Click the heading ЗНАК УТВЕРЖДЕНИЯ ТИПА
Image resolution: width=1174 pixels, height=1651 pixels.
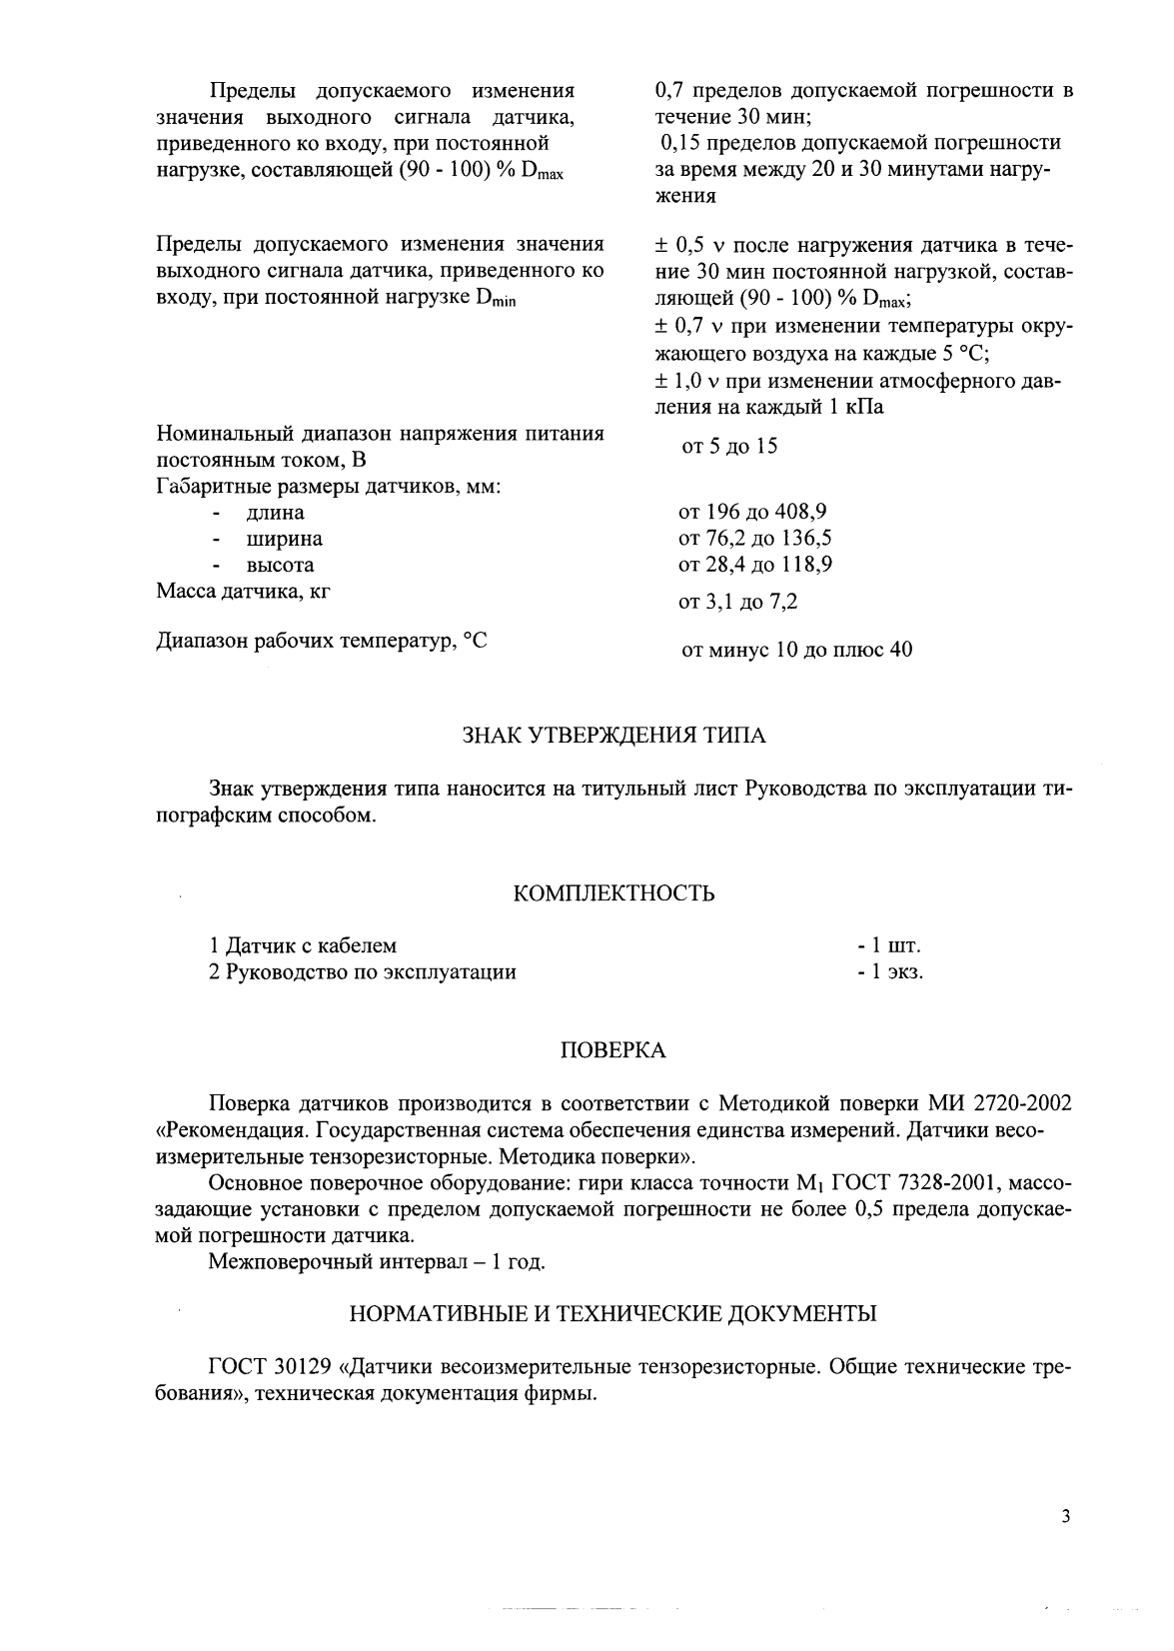pos(613,736)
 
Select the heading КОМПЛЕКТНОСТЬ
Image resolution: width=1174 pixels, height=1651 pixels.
pos(613,892)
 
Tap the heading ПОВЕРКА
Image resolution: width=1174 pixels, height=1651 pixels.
pos(611,1050)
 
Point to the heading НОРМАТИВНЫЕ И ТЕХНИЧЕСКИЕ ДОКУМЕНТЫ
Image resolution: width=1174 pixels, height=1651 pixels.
pos(613,1314)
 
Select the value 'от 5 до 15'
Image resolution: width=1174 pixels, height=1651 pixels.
pos(728,446)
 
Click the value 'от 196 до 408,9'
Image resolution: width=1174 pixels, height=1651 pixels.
pos(752,513)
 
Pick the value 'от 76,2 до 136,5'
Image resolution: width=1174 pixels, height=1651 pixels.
pos(755,539)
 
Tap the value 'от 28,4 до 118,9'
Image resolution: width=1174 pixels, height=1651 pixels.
pos(755,565)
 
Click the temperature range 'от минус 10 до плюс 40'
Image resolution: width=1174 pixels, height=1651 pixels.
pos(795,650)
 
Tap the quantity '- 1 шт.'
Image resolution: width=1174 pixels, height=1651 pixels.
pos(889,945)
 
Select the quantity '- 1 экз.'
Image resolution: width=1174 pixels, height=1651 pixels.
pos(890,971)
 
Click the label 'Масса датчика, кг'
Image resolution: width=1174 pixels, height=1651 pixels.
pos(244,591)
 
